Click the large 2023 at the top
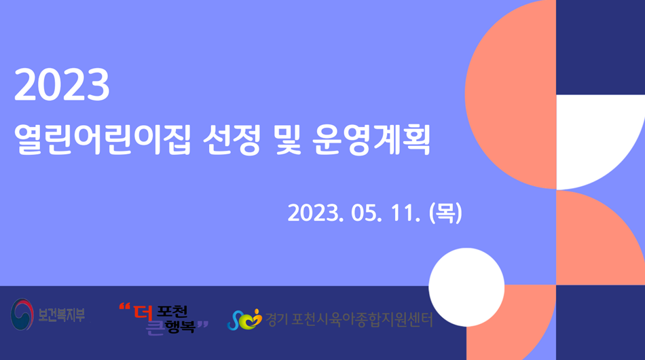click(x=62, y=85)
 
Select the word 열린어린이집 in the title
click(x=103, y=139)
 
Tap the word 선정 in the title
click(x=232, y=139)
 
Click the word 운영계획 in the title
click(x=371, y=139)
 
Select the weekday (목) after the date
click(x=445, y=213)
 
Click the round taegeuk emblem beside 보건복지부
click(x=22, y=314)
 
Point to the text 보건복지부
click(x=62, y=315)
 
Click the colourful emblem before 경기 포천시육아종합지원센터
click(x=244, y=319)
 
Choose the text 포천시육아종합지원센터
click(x=362, y=320)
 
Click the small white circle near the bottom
click(x=466, y=287)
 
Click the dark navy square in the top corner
click(x=601, y=48)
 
